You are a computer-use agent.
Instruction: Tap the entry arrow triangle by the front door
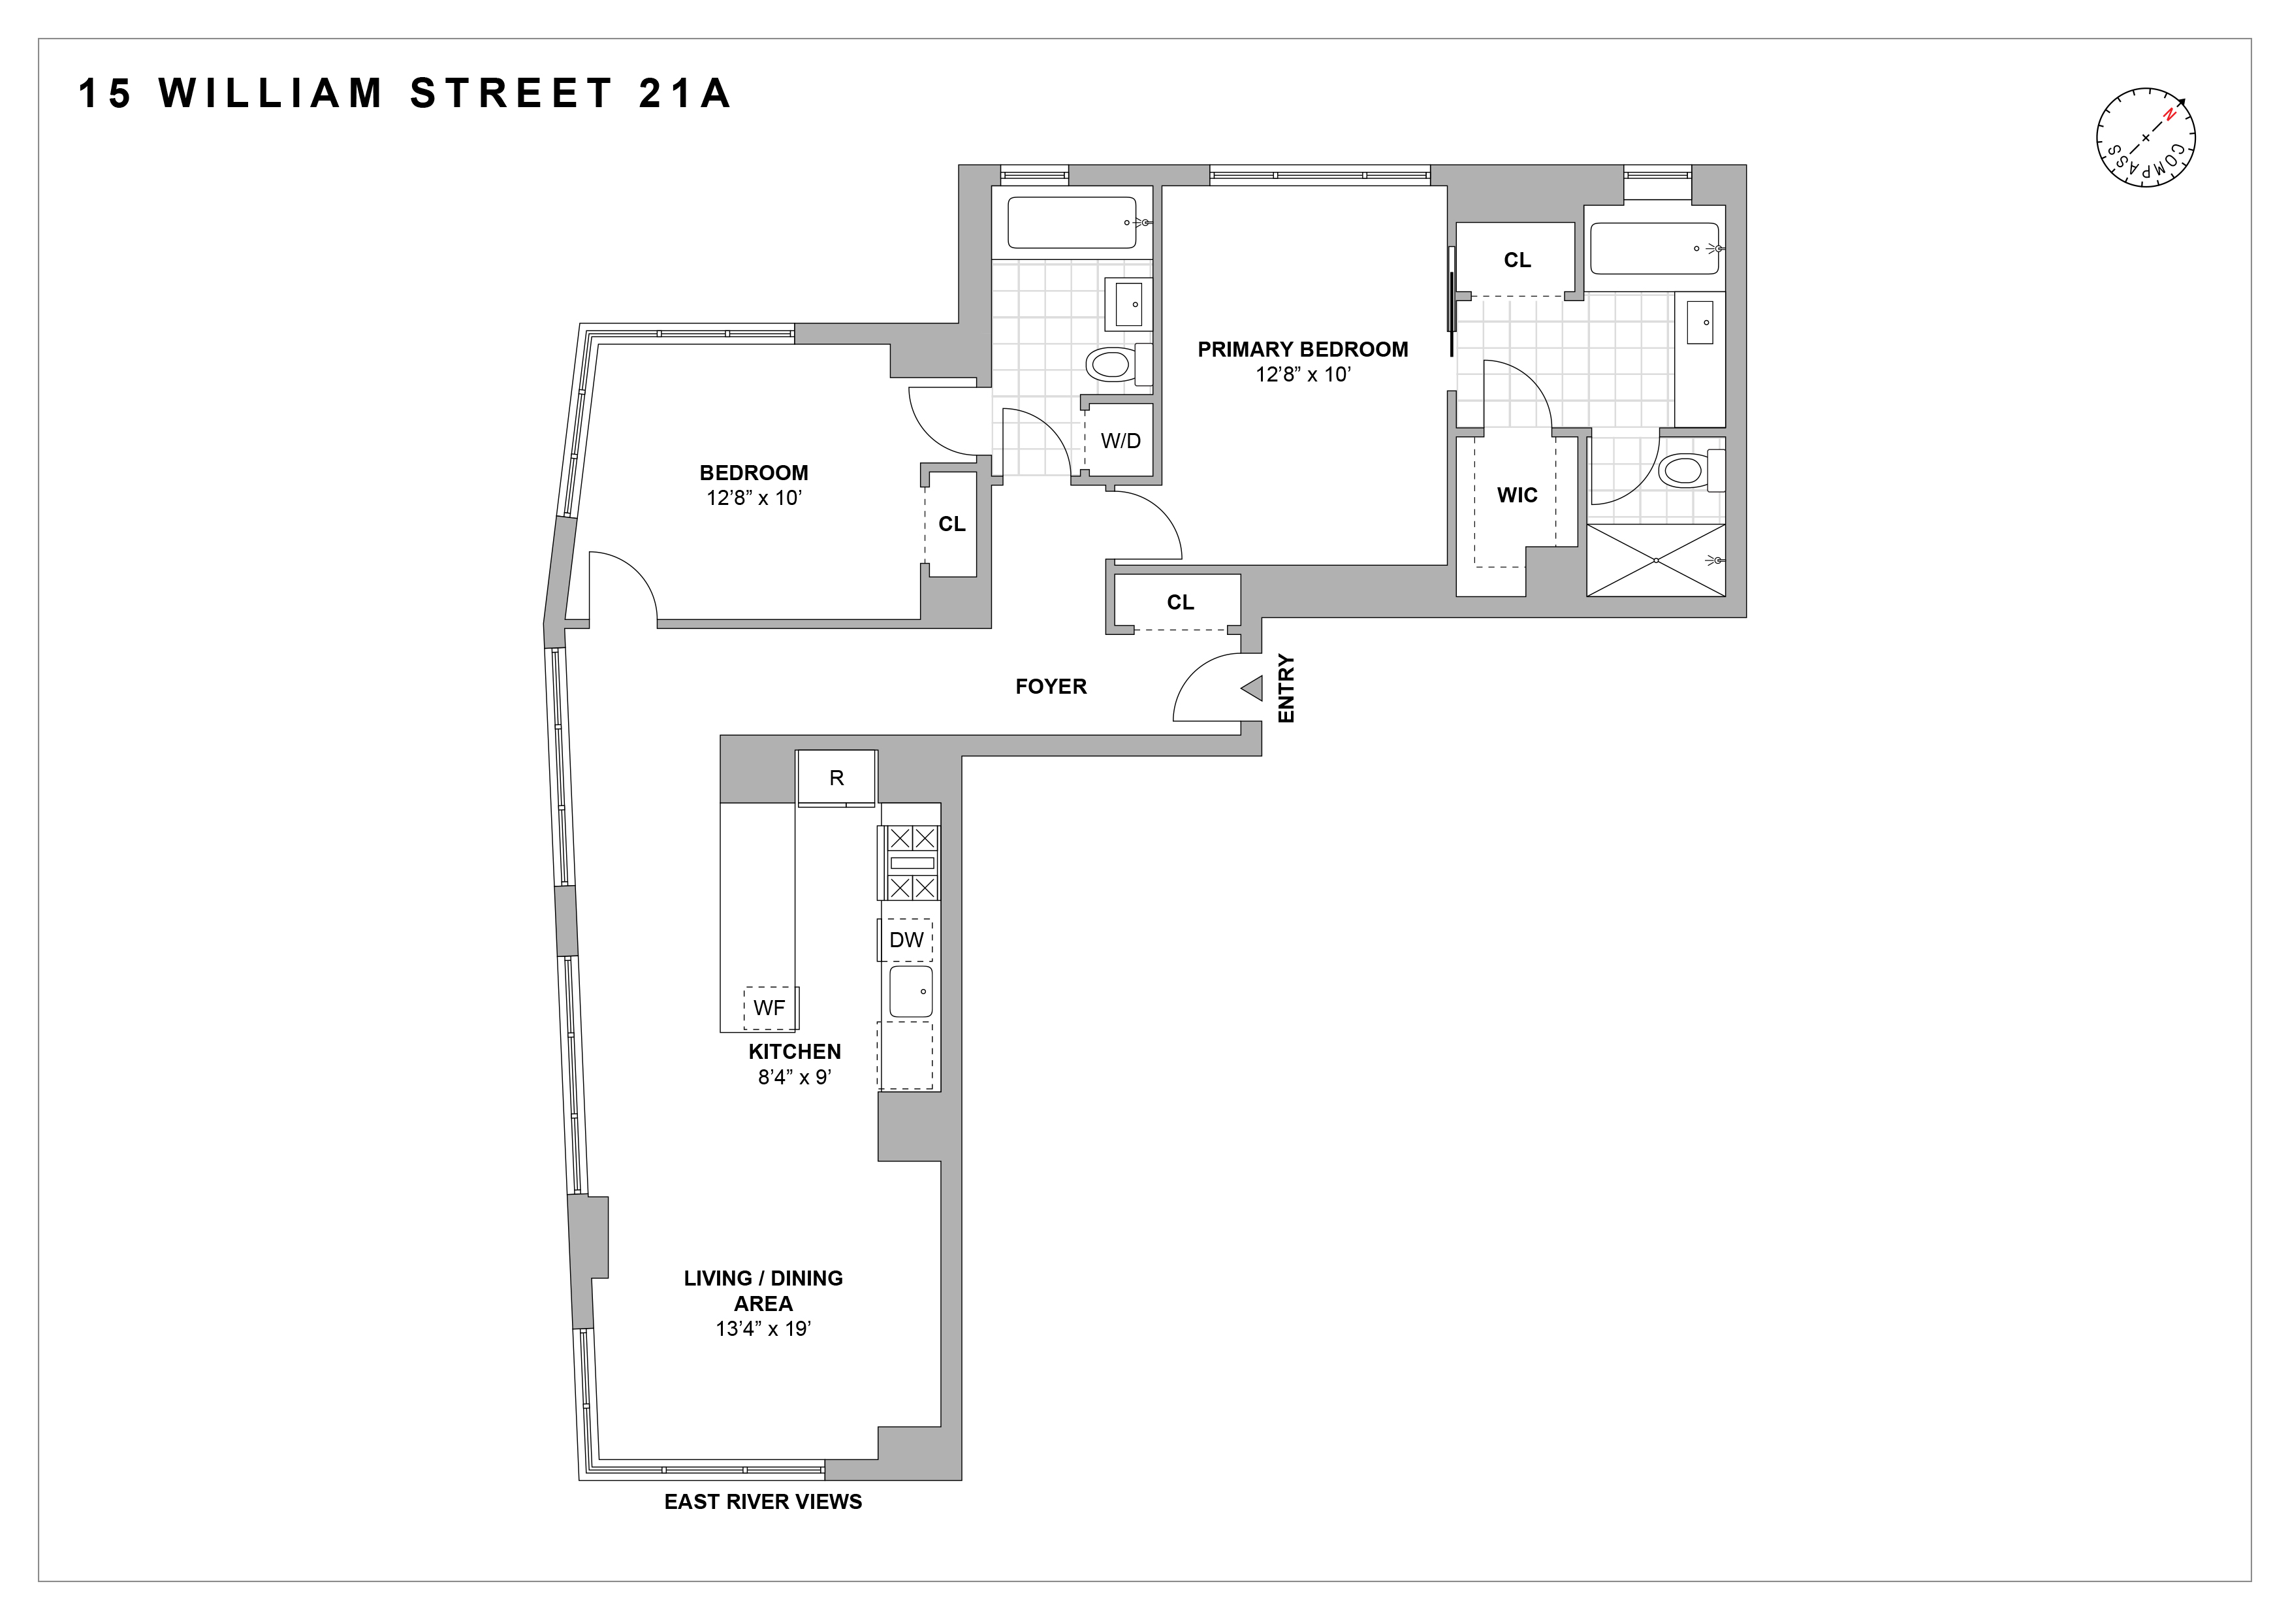(1252, 688)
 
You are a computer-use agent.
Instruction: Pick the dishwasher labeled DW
(906, 940)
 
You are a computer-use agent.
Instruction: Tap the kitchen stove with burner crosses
(908, 863)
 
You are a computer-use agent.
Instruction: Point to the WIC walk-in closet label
(1517, 494)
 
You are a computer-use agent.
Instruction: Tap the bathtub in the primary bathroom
(1653, 248)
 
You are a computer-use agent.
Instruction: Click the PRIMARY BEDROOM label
(1303, 349)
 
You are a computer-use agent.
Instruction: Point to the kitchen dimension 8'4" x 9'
(794, 1077)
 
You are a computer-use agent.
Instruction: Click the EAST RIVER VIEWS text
(763, 1501)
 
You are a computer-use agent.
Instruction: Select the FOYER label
(1050, 687)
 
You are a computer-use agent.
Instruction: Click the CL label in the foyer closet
(1180, 602)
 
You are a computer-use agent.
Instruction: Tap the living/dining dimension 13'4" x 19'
(763, 1329)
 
